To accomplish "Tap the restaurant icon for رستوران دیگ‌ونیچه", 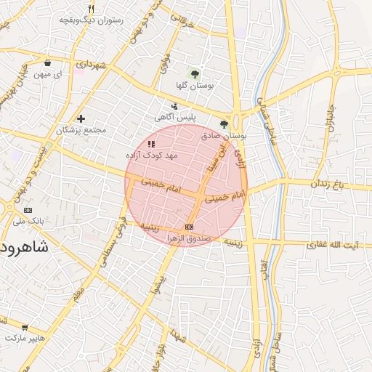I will [91, 9].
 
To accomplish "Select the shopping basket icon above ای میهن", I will [48, 62].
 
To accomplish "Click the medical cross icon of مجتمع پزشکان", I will [81, 118].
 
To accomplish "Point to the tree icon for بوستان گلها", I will [194, 73].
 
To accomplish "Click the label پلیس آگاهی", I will [174, 116].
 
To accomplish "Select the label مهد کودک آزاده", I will [152, 155].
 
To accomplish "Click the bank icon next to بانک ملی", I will [28, 209].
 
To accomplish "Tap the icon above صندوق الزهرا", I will [190, 227].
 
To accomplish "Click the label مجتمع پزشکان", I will [81, 131].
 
